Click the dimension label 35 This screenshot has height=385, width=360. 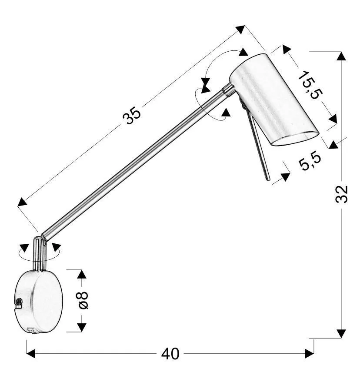point(132,116)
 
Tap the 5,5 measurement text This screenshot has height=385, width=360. point(310,161)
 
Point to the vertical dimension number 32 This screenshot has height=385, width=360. point(342,194)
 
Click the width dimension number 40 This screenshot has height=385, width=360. point(170,354)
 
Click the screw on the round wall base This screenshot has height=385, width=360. point(19,302)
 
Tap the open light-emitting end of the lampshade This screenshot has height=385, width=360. point(296,139)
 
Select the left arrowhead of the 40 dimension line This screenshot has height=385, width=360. point(30,354)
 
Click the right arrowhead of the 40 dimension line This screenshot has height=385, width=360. point(310,354)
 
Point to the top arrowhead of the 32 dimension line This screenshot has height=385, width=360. point(341,56)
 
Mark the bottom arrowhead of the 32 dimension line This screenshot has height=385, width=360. point(341,334)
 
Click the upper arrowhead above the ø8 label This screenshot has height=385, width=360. point(82,274)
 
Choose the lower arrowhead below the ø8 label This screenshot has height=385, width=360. point(82,328)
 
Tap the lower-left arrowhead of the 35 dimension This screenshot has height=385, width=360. point(22,202)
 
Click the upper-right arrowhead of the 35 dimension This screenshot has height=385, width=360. point(240,29)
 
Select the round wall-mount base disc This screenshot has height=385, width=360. point(38,302)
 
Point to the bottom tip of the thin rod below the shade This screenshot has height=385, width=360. point(268,180)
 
